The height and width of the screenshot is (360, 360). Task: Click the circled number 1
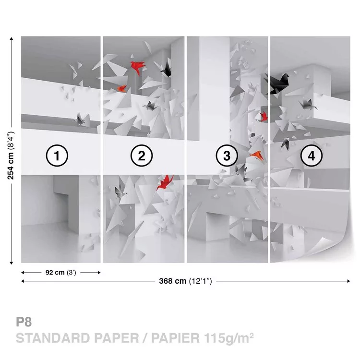click(x=57, y=156)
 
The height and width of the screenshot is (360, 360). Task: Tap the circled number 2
click(x=142, y=156)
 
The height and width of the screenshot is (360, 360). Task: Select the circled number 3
click(x=227, y=156)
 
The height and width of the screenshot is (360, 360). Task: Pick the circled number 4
click(x=312, y=156)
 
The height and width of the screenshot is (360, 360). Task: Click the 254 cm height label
click(x=11, y=156)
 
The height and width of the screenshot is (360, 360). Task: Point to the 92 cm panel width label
click(x=60, y=273)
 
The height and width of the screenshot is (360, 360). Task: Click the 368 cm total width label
click(x=185, y=281)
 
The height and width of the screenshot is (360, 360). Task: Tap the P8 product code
click(x=24, y=322)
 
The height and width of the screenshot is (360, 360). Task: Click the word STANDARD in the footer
click(x=53, y=338)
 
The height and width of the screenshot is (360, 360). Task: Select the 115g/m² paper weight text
click(x=228, y=338)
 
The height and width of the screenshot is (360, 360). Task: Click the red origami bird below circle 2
click(x=165, y=182)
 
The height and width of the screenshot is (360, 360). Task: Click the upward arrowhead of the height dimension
click(x=11, y=38)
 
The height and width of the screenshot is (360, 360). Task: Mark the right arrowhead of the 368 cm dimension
click(x=348, y=281)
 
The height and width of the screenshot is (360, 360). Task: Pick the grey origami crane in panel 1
click(x=81, y=120)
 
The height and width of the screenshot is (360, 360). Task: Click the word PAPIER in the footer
click(x=175, y=338)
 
